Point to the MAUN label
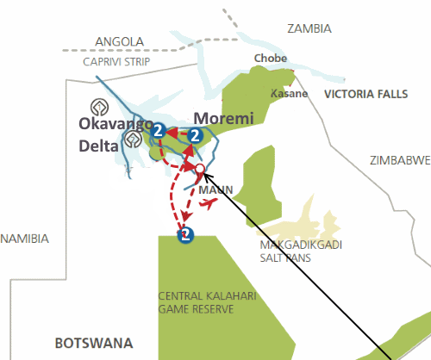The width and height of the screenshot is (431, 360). point(211,189)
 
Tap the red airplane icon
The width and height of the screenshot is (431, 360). point(208,204)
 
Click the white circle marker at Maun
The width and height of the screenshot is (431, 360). point(199,168)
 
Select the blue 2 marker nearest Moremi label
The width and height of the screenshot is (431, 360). point(196,135)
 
